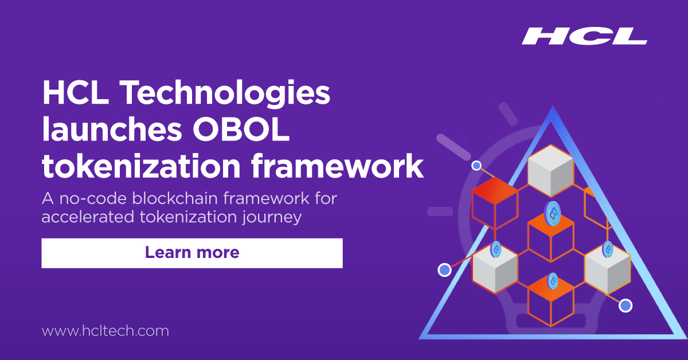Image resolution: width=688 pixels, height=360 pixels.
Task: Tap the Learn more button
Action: pyautogui.click(x=192, y=253)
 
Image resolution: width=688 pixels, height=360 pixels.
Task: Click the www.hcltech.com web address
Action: pyautogui.click(x=105, y=331)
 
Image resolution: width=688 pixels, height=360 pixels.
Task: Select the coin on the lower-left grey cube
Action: pyautogui.click(x=495, y=249)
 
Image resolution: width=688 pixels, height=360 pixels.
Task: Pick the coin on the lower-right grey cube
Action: pyautogui.click(x=608, y=249)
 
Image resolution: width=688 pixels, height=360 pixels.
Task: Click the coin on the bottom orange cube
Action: pyautogui.click(x=553, y=280)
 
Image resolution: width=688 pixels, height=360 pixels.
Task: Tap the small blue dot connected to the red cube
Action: pyautogui.click(x=476, y=166)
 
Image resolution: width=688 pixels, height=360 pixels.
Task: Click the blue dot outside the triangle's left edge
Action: pyautogui.click(x=444, y=269)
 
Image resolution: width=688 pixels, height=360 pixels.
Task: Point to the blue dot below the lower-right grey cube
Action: pyautogui.click(x=626, y=305)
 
